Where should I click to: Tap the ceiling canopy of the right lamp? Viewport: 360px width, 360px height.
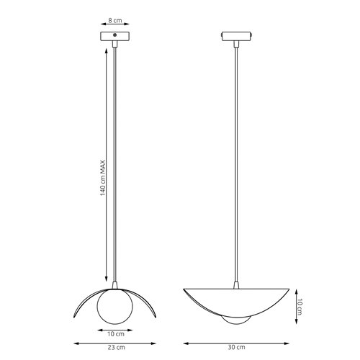click(235, 36)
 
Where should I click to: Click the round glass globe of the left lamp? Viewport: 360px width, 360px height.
click(116, 302)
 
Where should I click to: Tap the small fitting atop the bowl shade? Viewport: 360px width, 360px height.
click(235, 285)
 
